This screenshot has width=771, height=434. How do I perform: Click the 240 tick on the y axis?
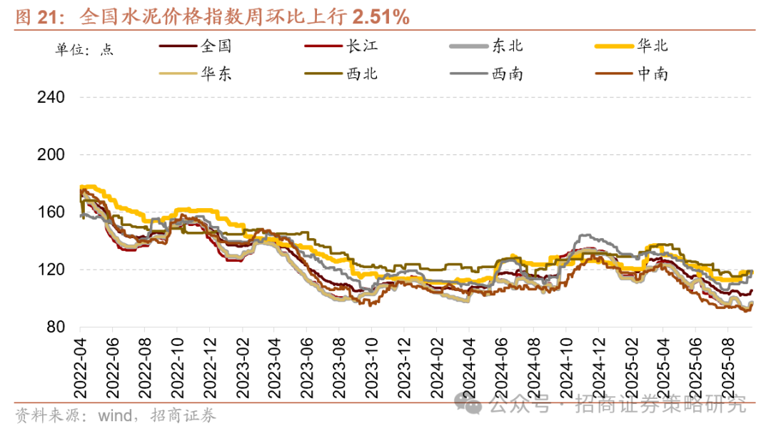point(51,97)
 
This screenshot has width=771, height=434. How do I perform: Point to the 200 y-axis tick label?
point(51,154)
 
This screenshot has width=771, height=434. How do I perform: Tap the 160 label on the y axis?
point(51,212)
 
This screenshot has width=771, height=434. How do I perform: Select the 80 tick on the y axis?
point(56,327)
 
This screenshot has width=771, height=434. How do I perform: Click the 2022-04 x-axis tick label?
point(80,365)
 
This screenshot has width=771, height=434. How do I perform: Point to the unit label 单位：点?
point(85,49)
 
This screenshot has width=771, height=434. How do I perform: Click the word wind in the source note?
point(114,415)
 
